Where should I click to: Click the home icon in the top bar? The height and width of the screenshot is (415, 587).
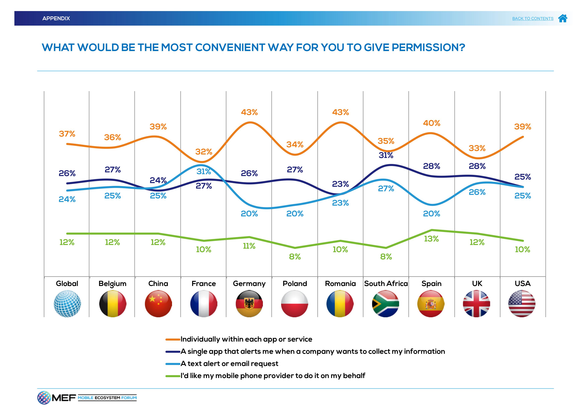tap(563, 18)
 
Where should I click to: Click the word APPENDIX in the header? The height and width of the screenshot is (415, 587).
tap(56, 18)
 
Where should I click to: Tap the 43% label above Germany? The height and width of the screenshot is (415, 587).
tap(249, 112)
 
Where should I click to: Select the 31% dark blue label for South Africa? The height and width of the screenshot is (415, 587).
tap(386, 155)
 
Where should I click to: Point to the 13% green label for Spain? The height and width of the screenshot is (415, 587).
tap(431, 239)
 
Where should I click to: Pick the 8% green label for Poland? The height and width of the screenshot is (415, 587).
tap(295, 257)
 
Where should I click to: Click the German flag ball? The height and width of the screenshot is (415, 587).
tap(249, 304)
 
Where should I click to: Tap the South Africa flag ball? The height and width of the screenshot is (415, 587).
tap(386, 304)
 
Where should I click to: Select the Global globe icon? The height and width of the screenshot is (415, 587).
tap(67, 304)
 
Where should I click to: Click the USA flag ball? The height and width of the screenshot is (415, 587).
tap(522, 304)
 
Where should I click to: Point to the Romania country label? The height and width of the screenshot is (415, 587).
tap(340, 284)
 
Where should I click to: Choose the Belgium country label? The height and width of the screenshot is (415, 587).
tap(112, 284)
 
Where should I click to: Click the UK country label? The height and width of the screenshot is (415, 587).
tap(477, 284)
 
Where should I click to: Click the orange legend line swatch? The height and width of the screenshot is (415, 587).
tap(173, 340)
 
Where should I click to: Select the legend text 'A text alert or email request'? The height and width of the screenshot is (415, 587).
tap(229, 364)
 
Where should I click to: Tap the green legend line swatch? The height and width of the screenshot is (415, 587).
tap(173, 376)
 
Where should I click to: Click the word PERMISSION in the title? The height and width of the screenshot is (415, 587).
tap(428, 48)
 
